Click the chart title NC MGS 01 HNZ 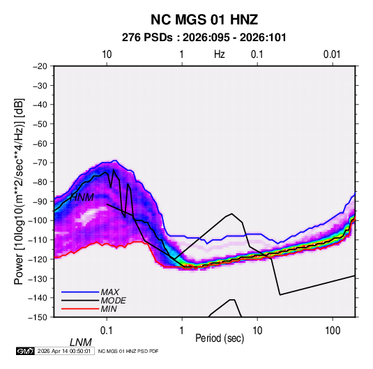pyautogui.click(x=204, y=20)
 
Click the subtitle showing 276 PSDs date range pyautogui.click(x=204, y=38)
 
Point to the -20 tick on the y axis pyautogui.click(x=40, y=66)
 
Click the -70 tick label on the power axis pyautogui.click(x=40, y=163)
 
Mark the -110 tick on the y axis pyautogui.click(x=38, y=240)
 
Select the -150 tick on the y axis pyautogui.click(x=38, y=317)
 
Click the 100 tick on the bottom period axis pyautogui.click(x=333, y=331)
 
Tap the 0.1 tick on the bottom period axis pyautogui.click(x=106, y=331)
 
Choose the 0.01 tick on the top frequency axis pyautogui.click(x=332, y=54)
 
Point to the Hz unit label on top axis pyautogui.click(x=220, y=54)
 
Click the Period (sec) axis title pyautogui.click(x=220, y=338)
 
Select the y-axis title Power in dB pyautogui.click(x=19, y=192)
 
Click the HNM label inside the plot pyautogui.click(x=82, y=197)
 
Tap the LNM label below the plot pyautogui.click(x=81, y=342)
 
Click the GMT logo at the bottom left pyautogui.click(x=26, y=351)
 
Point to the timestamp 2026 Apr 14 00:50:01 pyautogui.click(x=64, y=351)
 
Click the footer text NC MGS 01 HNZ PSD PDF pyautogui.click(x=128, y=351)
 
